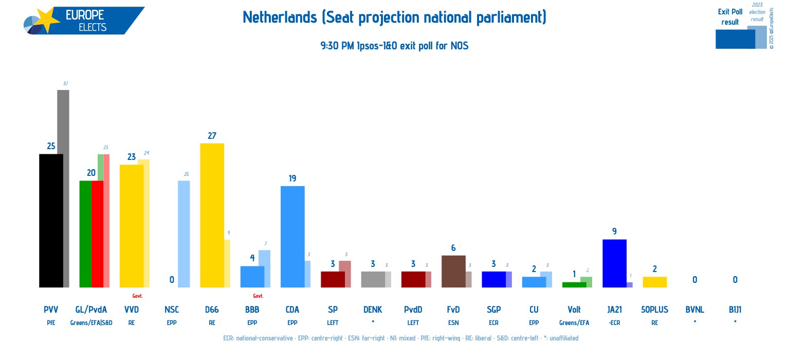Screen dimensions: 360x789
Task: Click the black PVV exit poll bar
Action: (x=51, y=221)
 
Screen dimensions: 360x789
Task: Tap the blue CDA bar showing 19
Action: (x=292, y=237)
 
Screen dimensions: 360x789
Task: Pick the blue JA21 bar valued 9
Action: (x=614, y=263)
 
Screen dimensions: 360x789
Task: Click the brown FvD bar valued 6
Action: (x=453, y=271)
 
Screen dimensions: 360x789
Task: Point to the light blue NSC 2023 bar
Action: (x=184, y=234)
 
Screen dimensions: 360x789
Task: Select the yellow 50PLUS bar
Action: (x=654, y=282)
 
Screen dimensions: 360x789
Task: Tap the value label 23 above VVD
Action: (x=131, y=157)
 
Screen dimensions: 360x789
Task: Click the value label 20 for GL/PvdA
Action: (x=91, y=173)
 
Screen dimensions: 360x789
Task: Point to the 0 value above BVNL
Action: (x=694, y=280)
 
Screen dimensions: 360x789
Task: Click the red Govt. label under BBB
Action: (x=258, y=296)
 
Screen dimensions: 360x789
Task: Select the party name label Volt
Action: (x=574, y=310)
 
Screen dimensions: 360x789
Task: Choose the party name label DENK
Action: (x=372, y=310)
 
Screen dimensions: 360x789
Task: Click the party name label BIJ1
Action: (x=735, y=310)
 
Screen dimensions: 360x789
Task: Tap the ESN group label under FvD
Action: (x=453, y=323)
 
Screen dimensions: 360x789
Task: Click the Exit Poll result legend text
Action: (x=730, y=16)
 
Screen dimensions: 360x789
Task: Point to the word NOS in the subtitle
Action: (x=459, y=46)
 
